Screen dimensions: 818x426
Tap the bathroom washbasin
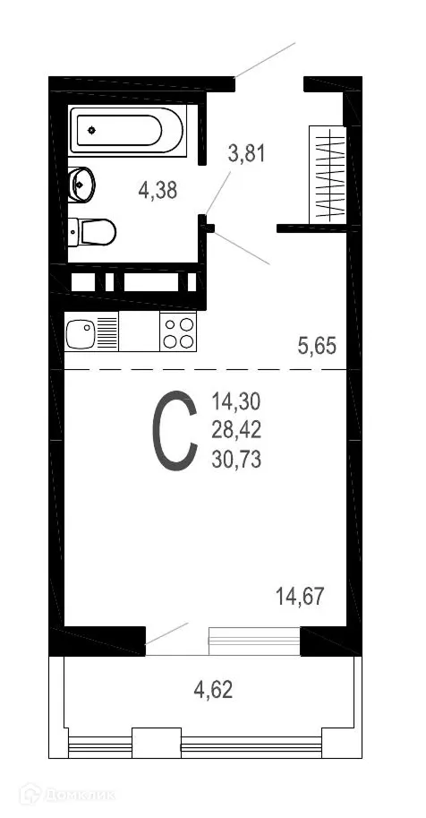[81, 185]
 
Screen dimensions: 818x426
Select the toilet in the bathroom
[93, 232]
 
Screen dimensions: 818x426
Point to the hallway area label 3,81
[248, 153]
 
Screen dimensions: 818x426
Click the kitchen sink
[81, 333]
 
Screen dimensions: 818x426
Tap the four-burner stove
[178, 332]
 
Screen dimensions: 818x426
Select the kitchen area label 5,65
[316, 345]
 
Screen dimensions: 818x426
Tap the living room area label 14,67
[300, 594]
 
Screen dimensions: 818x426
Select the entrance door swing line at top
[265, 60]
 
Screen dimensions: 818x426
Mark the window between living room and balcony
[254, 639]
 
